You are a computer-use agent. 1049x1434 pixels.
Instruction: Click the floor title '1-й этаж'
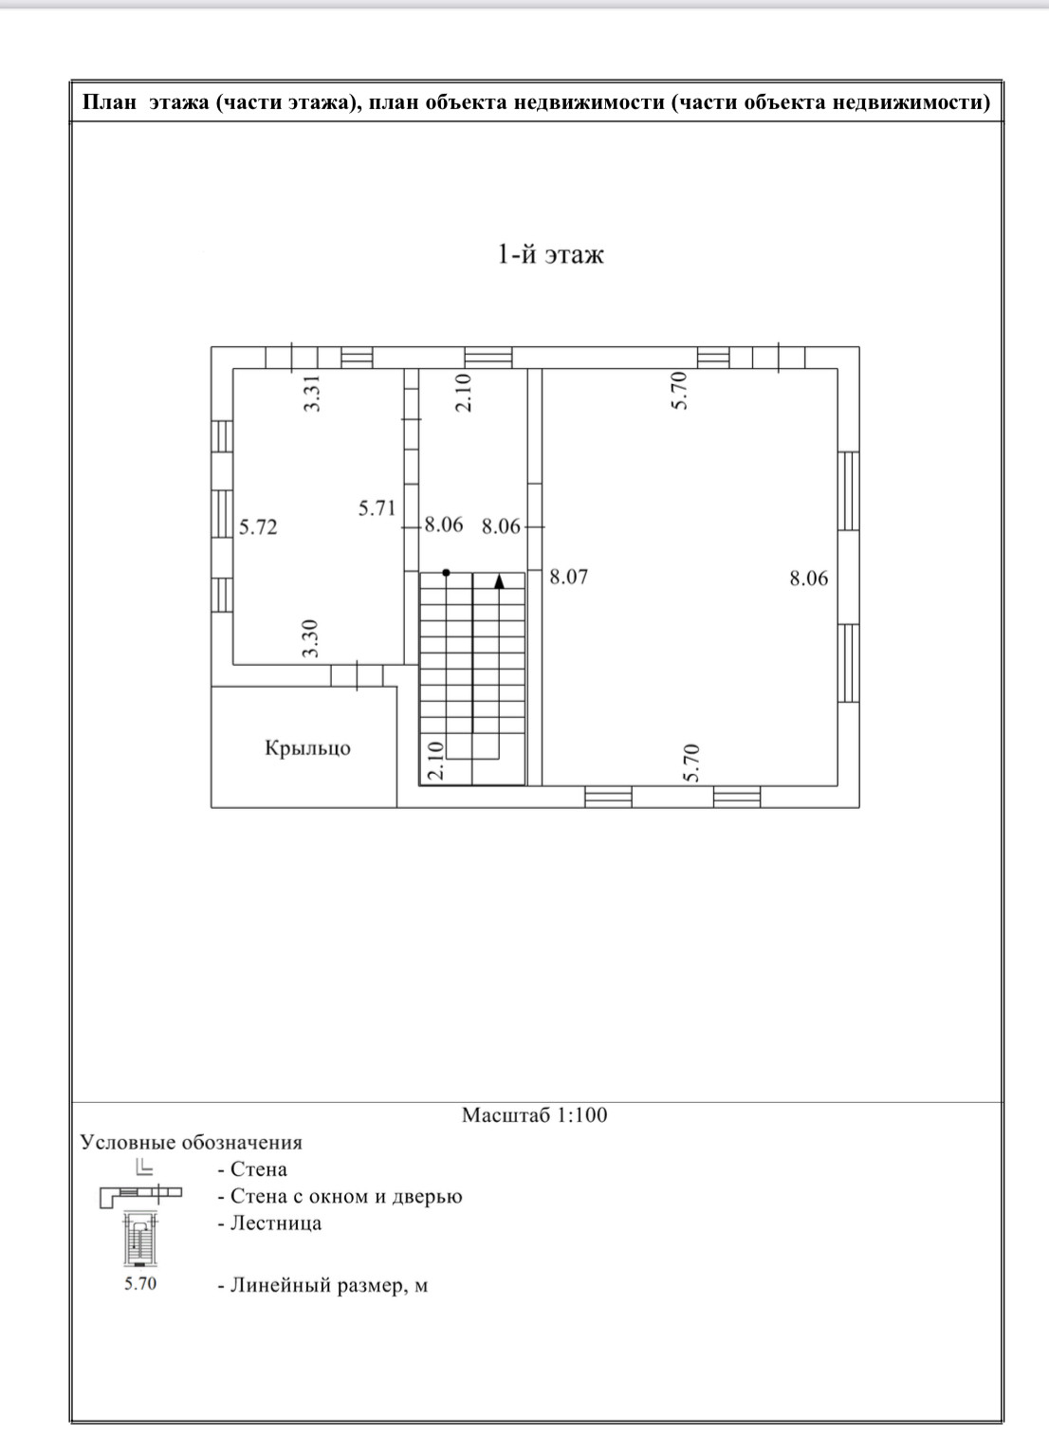pyautogui.click(x=550, y=254)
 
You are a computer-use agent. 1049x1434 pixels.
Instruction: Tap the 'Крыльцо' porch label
pyautogui.click(x=307, y=748)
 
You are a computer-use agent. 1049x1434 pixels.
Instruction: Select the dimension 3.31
pyautogui.click(x=312, y=394)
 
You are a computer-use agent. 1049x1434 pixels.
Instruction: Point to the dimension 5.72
pyautogui.click(x=258, y=527)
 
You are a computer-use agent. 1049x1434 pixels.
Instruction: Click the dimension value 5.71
pyautogui.click(x=377, y=508)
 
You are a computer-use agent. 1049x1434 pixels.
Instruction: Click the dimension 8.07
pyautogui.click(x=569, y=577)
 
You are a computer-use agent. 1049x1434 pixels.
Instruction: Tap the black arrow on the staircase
pyautogui.click(x=499, y=580)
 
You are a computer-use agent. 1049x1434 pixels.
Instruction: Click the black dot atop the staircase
pyautogui.click(x=446, y=573)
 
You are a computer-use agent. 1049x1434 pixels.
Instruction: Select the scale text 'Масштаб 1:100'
pyautogui.click(x=534, y=1115)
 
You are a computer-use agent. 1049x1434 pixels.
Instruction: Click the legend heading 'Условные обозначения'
pyautogui.click(x=191, y=1143)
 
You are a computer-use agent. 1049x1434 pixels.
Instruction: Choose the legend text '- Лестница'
pyautogui.click(x=269, y=1223)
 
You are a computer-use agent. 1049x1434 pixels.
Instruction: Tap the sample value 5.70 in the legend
pyautogui.click(x=139, y=1285)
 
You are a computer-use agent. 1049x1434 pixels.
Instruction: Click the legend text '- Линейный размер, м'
pyautogui.click(x=322, y=1286)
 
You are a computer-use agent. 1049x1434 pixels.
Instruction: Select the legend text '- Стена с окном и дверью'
pyautogui.click(x=340, y=1196)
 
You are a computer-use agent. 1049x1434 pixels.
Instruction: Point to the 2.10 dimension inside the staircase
pyautogui.click(x=434, y=761)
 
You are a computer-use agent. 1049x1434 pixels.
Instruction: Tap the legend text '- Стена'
pyautogui.click(x=252, y=1169)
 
